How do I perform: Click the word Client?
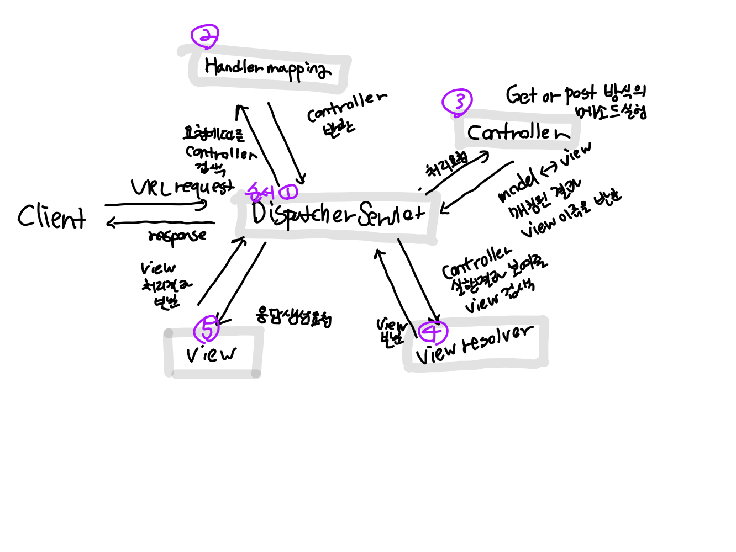[x=51, y=216]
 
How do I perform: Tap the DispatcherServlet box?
[x=337, y=215]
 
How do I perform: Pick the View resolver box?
[x=475, y=345]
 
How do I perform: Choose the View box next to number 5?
[x=212, y=354]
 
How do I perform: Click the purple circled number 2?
[x=204, y=36]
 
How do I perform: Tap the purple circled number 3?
[x=457, y=102]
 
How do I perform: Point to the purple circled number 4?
[x=432, y=332]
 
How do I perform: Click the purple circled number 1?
[x=288, y=192]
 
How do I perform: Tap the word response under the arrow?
[x=177, y=236]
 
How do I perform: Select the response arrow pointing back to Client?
[x=160, y=223]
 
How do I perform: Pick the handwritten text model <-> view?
[x=544, y=172]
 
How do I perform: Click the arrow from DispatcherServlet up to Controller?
[x=458, y=173]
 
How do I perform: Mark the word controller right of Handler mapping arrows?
[x=346, y=106]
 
